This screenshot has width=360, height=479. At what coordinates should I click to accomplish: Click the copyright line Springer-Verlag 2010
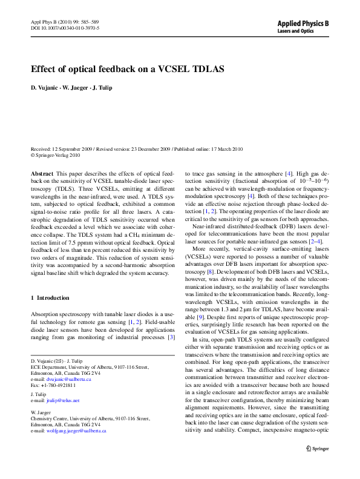(x=57, y=155)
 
